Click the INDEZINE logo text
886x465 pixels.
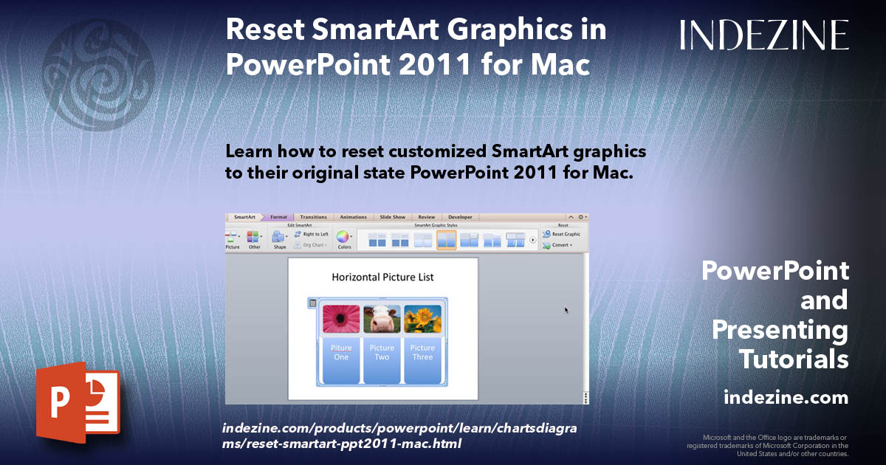[x=764, y=35]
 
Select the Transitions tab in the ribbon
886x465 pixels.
[x=313, y=217]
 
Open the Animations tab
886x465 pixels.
[x=353, y=217]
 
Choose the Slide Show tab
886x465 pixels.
[x=393, y=217]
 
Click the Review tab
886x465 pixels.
[x=427, y=217]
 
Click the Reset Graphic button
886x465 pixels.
[x=562, y=234]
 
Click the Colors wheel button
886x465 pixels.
[x=343, y=238]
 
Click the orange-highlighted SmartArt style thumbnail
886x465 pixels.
[x=446, y=240]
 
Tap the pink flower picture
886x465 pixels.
[x=341, y=319]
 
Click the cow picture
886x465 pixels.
[x=382, y=319]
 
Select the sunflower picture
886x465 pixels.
[x=422, y=319]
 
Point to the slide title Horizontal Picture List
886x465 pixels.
[x=382, y=278]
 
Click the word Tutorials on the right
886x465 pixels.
[x=793, y=359]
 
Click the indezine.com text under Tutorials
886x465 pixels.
[x=786, y=398]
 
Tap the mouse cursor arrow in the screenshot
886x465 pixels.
[x=566, y=310]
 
